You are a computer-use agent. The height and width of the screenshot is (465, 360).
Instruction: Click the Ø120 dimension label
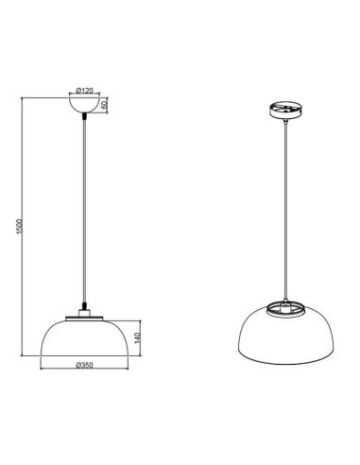(85, 91)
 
